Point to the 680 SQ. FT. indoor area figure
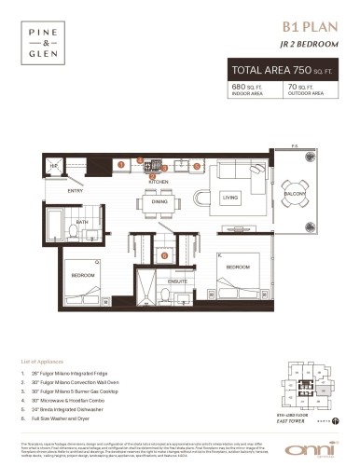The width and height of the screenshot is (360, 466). [x=246, y=88]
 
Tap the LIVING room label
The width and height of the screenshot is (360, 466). [x=229, y=198]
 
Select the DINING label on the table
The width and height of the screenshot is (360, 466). [x=159, y=201]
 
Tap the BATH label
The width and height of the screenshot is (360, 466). [x=82, y=222]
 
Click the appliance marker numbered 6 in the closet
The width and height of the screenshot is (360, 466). [x=164, y=254]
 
